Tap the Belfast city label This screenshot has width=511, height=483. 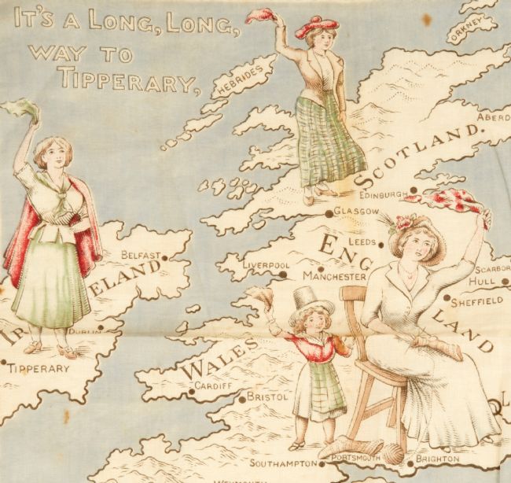click(x=142, y=255)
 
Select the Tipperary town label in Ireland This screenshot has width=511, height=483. click(x=31, y=367)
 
